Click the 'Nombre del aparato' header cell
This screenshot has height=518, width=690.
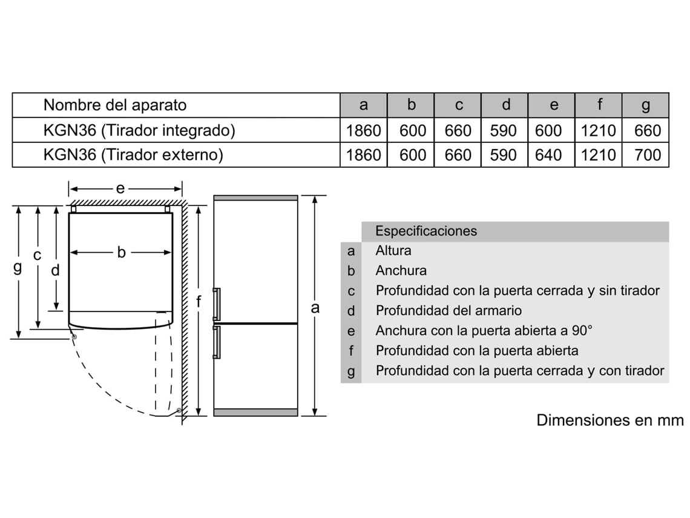[x=115, y=105]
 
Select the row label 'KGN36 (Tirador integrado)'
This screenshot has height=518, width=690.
[x=139, y=130]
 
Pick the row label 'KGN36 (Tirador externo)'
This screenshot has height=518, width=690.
[x=133, y=154]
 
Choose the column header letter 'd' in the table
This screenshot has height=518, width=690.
[x=505, y=105]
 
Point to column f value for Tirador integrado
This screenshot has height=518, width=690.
[x=598, y=130]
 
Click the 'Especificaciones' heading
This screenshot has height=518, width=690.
[x=425, y=231]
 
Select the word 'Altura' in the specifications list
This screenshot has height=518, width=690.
[x=393, y=250]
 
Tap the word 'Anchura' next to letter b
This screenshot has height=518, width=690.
[x=401, y=270]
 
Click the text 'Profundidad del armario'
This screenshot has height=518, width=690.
[x=448, y=310]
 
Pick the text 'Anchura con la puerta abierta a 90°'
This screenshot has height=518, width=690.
[x=484, y=330]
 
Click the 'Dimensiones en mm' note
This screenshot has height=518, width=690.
[x=609, y=420]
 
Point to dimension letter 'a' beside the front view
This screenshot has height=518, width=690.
[x=315, y=308]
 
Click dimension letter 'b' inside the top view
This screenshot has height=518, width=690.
[x=121, y=252]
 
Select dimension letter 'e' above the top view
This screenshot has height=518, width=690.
[x=120, y=188]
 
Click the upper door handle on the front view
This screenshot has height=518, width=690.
[x=216, y=304]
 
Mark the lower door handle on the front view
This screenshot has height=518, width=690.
[x=216, y=341]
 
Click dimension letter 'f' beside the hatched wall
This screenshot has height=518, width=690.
[x=199, y=301]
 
